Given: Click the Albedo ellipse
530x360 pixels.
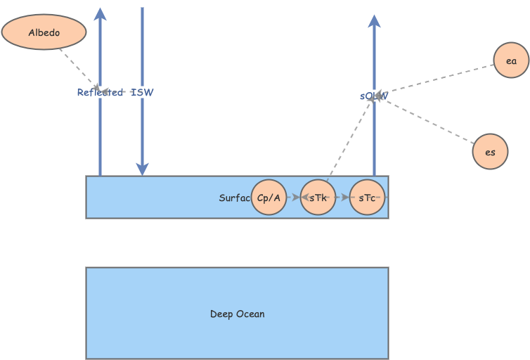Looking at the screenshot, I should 44,32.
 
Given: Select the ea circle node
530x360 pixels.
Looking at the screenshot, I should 510,60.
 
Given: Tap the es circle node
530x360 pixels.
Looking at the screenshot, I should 490,152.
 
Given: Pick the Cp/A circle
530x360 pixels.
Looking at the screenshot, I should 269,198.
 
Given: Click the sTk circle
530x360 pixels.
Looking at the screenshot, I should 318,198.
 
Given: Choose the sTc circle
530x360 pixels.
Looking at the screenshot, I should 367,198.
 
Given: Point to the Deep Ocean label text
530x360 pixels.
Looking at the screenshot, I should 237,314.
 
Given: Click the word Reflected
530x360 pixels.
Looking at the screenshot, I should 100,92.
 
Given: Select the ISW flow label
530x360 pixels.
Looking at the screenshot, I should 142,92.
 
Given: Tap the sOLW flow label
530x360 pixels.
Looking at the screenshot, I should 373,96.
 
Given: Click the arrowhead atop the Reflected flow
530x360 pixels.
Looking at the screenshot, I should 100,14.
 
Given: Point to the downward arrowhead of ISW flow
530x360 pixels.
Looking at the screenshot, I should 142,169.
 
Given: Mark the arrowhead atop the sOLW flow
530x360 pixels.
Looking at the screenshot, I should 374,21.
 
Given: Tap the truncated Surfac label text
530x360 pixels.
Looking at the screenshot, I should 234,198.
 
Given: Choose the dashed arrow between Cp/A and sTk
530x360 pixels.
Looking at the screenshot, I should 293,198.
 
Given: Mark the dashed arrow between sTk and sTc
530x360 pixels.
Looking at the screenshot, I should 342,198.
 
